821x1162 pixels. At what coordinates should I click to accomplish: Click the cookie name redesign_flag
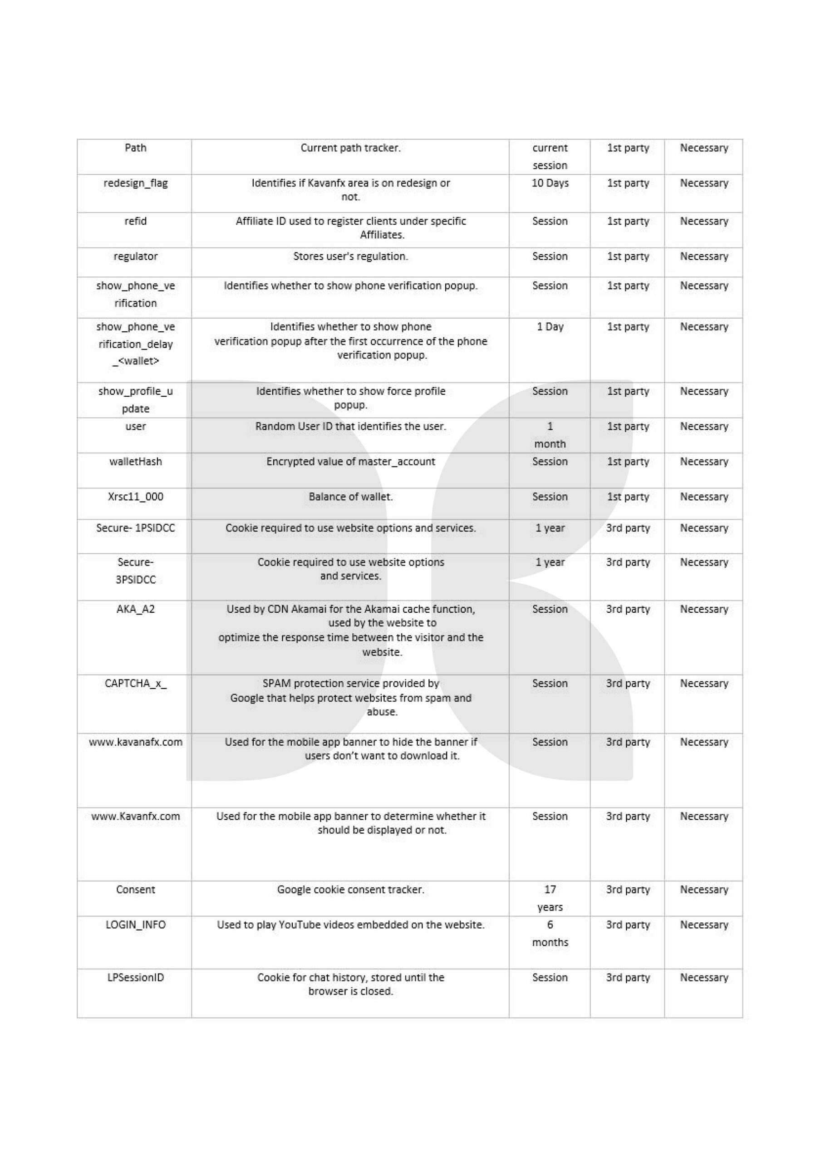pyautogui.click(x=135, y=183)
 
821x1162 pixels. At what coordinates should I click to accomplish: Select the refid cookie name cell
pyautogui.click(x=135, y=221)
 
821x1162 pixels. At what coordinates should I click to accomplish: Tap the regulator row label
pyautogui.click(x=135, y=256)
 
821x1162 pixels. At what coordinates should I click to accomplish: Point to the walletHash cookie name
pyautogui.click(x=135, y=462)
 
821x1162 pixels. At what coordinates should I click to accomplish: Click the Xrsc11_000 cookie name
pyautogui.click(x=135, y=497)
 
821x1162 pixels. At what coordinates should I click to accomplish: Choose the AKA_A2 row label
pyautogui.click(x=135, y=609)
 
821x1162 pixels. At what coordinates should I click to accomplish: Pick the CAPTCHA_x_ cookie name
pyautogui.click(x=135, y=683)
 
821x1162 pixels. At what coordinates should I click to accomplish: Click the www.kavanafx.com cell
pyautogui.click(x=135, y=742)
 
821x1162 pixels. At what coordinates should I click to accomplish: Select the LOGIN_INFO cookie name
pyautogui.click(x=135, y=925)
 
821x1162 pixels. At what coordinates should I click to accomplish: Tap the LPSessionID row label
pyautogui.click(x=135, y=977)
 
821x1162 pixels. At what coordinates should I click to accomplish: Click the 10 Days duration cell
pyautogui.click(x=550, y=183)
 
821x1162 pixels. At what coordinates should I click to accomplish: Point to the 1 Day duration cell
pyautogui.click(x=550, y=327)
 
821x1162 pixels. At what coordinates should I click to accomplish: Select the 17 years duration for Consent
pyautogui.click(x=550, y=898)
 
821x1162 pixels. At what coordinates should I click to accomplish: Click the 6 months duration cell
pyautogui.click(x=550, y=933)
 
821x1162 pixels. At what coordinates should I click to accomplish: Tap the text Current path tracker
pyautogui.click(x=350, y=148)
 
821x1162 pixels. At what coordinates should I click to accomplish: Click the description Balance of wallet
pyautogui.click(x=350, y=497)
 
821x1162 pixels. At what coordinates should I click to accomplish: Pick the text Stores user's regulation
pyautogui.click(x=350, y=256)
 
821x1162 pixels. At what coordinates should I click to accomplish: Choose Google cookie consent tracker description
pyautogui.click(x=350, y=889)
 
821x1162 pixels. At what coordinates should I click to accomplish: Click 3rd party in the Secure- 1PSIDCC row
pyautogui.click(x=628, y=528)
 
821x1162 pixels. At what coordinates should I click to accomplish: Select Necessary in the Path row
pyautogui.click(x=703, y=148)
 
